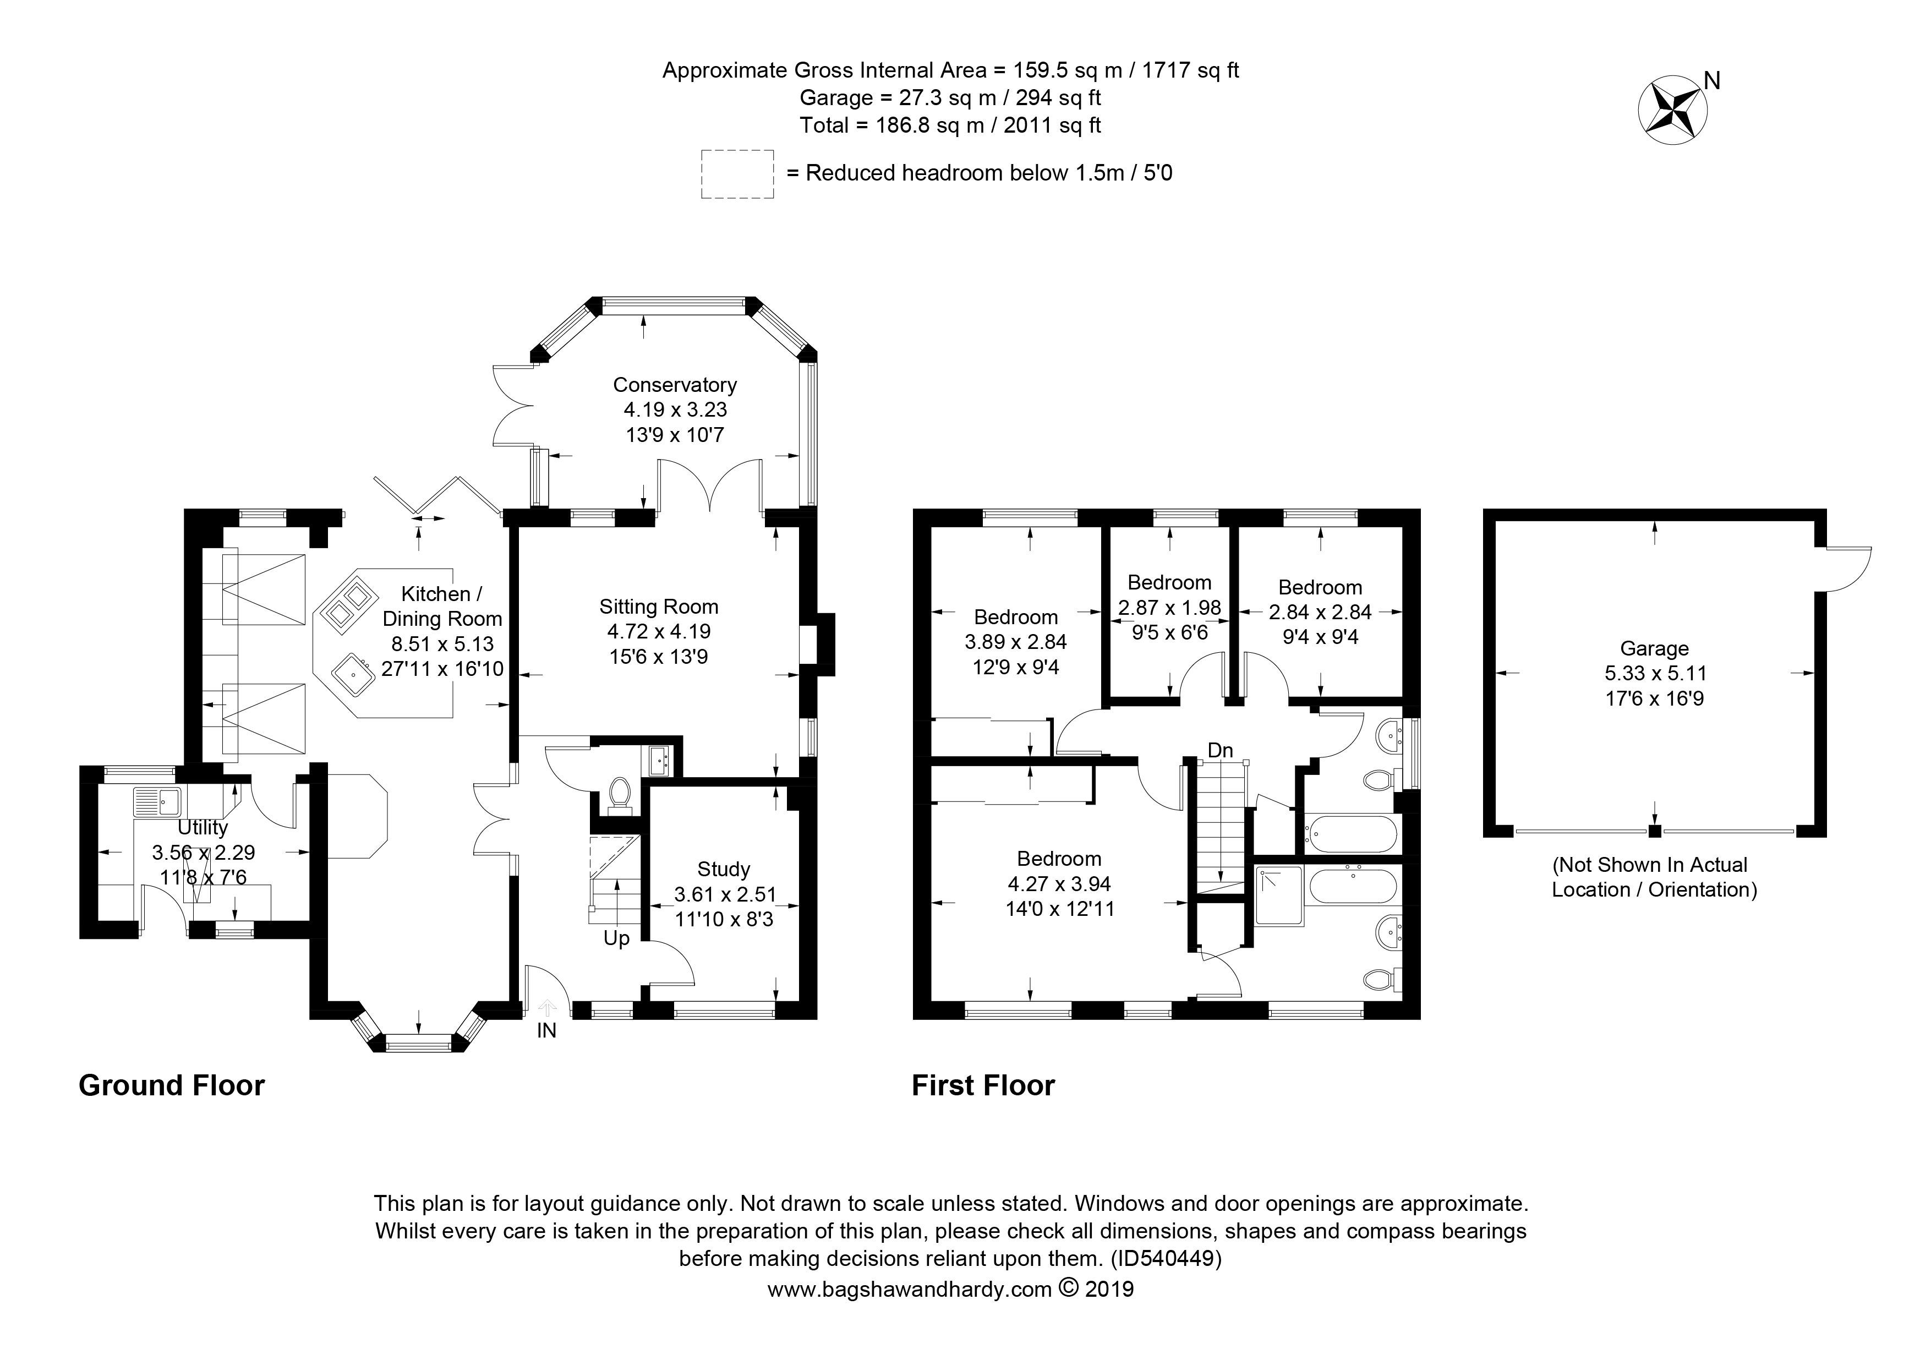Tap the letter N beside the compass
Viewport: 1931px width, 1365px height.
tap(1713, 81)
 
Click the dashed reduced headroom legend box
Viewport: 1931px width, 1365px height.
tap(737, 174)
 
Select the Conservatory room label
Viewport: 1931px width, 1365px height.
tap(675, 385)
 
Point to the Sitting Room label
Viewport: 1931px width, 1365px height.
tap(659, 607)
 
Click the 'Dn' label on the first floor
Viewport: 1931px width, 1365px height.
tap(1221, 749)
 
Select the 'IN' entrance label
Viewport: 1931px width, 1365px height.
tap(546, 1030)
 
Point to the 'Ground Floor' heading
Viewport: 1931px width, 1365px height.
tap(172, 1086)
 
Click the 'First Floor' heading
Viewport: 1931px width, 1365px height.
tap(983, 1086)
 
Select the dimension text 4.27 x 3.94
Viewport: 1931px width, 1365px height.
tap(1059, 884)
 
